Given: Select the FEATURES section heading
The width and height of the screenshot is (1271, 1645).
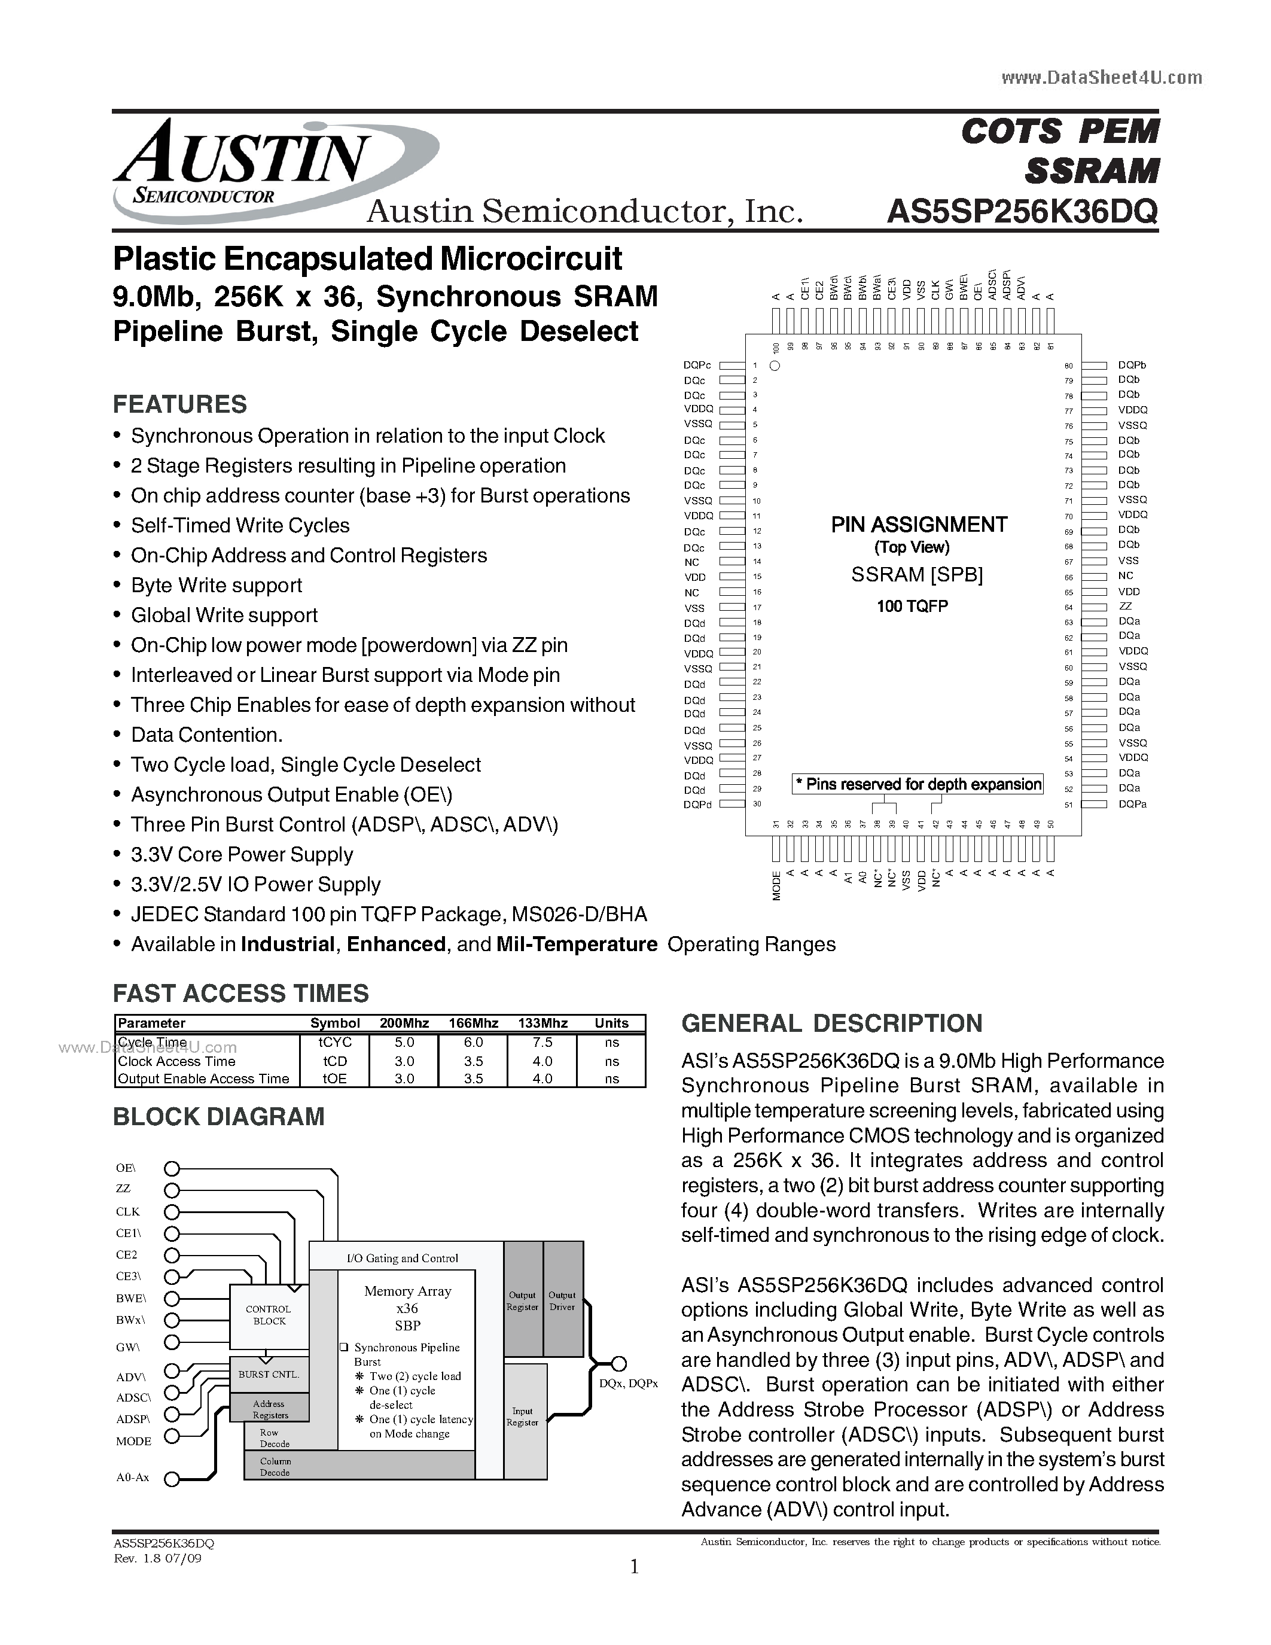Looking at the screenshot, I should [x=179, y=404].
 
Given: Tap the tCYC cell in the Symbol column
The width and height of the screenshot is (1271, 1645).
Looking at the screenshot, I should [x=334, y=1043].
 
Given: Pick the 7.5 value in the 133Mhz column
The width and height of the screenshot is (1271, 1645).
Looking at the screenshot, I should [x=542, y=1043].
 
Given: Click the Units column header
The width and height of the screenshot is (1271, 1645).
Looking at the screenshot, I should [x=611, y=1023].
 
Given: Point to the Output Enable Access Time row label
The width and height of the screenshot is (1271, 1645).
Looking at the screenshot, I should [x=203, y=1079].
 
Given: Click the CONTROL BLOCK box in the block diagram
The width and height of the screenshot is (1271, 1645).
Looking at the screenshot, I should [x=269, y=1315].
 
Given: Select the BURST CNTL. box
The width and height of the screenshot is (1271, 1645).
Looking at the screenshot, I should [x=269, y=1375].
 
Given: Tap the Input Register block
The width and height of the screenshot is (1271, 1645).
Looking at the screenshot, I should [x=523, y=1416].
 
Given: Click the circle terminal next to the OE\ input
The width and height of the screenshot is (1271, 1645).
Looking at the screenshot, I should [x=172, y=1169].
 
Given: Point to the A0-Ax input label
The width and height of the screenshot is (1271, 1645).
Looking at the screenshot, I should [x=133, y=1478].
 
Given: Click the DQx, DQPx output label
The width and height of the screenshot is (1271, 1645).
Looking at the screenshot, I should [x=629, y=1384].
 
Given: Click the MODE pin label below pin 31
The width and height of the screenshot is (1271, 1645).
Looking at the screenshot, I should [x=776, y=886].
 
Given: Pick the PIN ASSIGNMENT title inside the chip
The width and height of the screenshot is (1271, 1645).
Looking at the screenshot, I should [x=919, y=525].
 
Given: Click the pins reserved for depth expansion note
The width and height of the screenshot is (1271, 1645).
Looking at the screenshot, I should [x=918, y=784].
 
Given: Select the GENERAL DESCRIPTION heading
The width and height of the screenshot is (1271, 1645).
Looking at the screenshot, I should [x=831, y=1023].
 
